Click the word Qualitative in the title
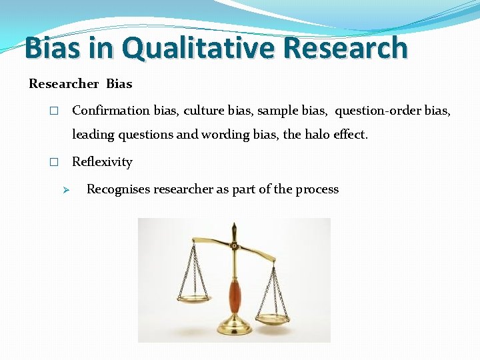coord(199,48)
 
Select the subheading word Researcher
coord(63,84)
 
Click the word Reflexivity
coord(102,162)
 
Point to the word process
coord(317,189)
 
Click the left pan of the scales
coord(191,298)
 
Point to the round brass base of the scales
coord(235,328)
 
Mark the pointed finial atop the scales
coord(235,228)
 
